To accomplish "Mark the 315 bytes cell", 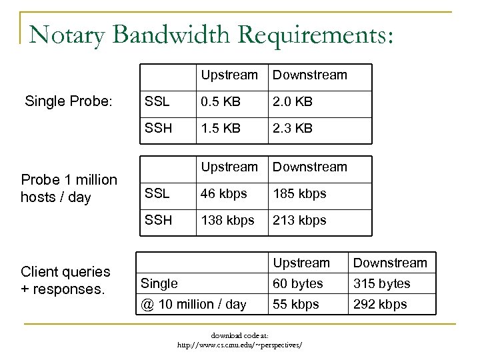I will [381, 283].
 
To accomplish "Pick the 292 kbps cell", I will [379, 305].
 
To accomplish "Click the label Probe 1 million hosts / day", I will [69, 189].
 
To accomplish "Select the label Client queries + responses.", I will [65, 280].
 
